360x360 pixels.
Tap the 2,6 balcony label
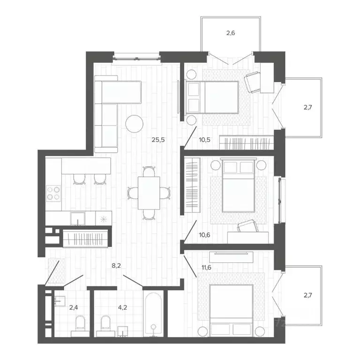(x=231, y=33)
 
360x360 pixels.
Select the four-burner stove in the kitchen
(x=53, y=193)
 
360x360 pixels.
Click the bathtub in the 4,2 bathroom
(x=154, y=314)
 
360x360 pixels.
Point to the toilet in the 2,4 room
(x=79, y=323)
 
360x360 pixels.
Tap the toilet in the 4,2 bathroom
(x=105, y=324)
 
